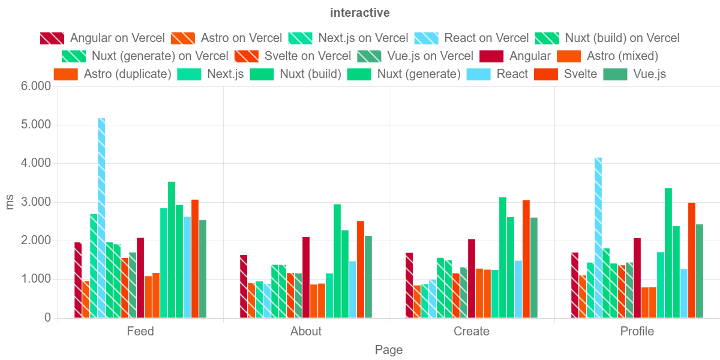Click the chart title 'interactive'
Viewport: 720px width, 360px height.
pyautogui.click(x=360, y=13)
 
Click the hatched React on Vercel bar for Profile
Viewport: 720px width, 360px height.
pyautogui.click(x=598, y=237)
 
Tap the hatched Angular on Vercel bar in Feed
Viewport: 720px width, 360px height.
pyautogui.click(x=78, y=280)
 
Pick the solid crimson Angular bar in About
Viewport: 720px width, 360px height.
pyautogui.click(x=306, y=277)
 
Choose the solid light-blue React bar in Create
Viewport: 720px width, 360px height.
pyautogui.click(x=518, y=289)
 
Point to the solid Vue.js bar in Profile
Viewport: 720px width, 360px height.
pyautogui.click(x=700, y=271)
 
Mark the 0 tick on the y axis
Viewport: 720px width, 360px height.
pyautogui.click(x=47, y=317)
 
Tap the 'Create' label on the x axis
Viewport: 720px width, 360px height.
pyautogui.click(x=472, y=331)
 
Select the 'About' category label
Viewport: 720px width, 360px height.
pyautogui.click(x=306, y=331)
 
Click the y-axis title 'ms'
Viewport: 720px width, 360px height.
pyautogui.click(x=10, y=202)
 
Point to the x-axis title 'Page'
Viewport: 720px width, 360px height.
pyautogui.click(x=389, y=350)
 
